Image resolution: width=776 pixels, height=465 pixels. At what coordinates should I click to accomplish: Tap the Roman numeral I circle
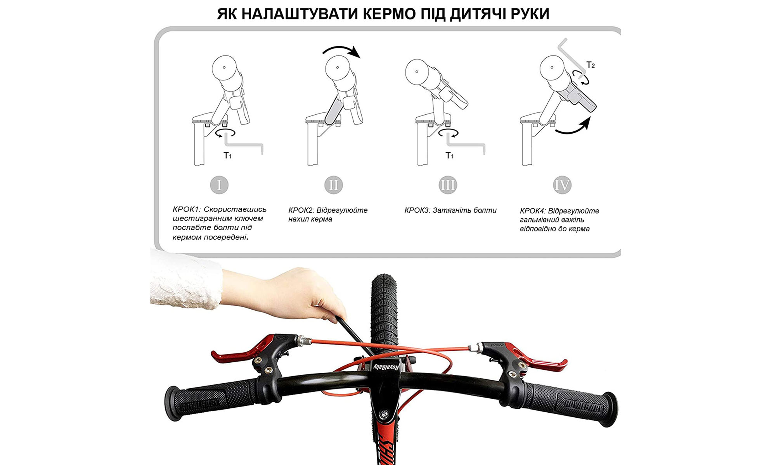pyautogui.click(x=219, y=185)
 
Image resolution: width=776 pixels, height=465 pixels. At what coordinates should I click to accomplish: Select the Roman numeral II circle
pyautogui.click(x=333, y=185)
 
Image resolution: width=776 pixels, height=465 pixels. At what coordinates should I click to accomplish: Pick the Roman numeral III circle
pyautogui.click(x=447, y=185)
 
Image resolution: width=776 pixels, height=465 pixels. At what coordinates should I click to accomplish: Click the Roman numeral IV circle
pyautogui.click(x=562, y=185)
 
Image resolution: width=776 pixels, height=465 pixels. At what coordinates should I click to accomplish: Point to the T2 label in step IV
pyautogui.click(x=590, y=65)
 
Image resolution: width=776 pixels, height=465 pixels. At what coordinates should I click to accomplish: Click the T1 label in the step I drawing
pyautogui.click(x=228, y=156)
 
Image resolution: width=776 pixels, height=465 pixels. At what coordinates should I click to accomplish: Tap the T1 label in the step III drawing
pyautogui.click(x=449, y=156)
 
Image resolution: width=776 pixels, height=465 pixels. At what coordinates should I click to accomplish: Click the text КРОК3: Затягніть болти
pyautogui.click(x=450, y=210)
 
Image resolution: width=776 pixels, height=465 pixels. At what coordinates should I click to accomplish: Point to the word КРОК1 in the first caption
pyautogui.click(x=186, y=209)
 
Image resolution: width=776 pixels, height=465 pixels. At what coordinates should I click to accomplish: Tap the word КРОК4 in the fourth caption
pyautogui.click(x=533, y=211)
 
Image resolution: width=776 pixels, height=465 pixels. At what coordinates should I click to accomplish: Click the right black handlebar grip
pyautogui.click(x=570, y=403)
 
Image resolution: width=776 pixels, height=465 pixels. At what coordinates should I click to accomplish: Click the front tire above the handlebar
pyautogui.click(x=384, y=310)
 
